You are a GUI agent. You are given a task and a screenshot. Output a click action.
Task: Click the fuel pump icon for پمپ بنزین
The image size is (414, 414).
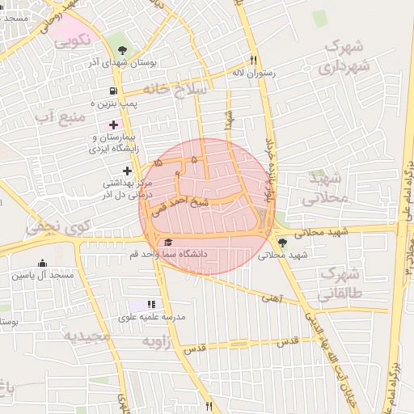coord(112,91)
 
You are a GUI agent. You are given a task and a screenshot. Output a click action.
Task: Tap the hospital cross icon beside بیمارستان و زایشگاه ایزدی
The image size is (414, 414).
coord(113,125)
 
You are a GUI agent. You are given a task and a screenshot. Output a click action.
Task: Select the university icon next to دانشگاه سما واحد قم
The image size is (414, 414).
coord(168,242)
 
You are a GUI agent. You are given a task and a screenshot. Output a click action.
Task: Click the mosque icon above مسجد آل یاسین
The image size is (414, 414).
coord(42,264)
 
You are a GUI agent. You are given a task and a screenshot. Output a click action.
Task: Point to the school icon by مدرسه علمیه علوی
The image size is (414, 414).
coord(150,304)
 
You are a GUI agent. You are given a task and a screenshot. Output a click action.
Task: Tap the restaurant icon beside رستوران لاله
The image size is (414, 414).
coord(253,60)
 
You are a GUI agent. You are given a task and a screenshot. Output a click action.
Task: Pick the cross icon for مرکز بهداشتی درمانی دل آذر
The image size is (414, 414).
coord(128,170)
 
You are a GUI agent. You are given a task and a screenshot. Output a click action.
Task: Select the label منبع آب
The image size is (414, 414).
coord(58,118)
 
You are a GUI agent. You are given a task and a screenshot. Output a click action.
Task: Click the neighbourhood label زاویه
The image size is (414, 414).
coord(158,342)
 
